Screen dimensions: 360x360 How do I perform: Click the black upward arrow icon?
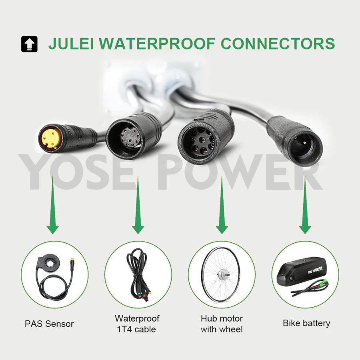(x=29, y=44)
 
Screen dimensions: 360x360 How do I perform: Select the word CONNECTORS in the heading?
(x=278, y=44)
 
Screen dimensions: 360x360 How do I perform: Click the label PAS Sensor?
(x=49, y=324)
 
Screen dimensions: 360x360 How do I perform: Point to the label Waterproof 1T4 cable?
(x=137, y=324)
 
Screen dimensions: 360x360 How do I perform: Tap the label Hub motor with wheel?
(x=222, y=324)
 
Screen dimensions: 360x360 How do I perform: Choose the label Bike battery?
(x=306, y=323)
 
